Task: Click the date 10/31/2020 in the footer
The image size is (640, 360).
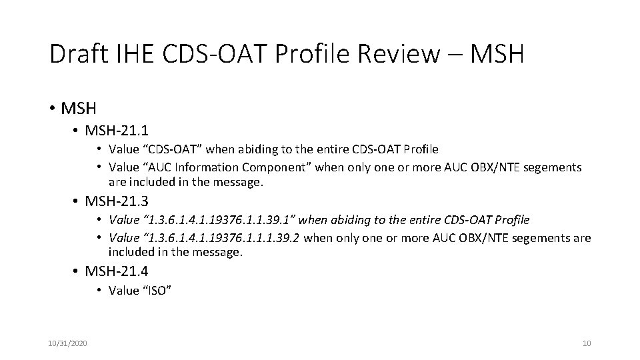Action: click(x=67, y=343)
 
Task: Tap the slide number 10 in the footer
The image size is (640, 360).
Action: click(x=587, y=343)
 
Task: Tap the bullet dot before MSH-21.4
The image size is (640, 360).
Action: click(x=77, y=271)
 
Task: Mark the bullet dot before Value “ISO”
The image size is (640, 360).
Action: click(x=98, y=291)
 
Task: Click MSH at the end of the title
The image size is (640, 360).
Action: click(x=497, y=54)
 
